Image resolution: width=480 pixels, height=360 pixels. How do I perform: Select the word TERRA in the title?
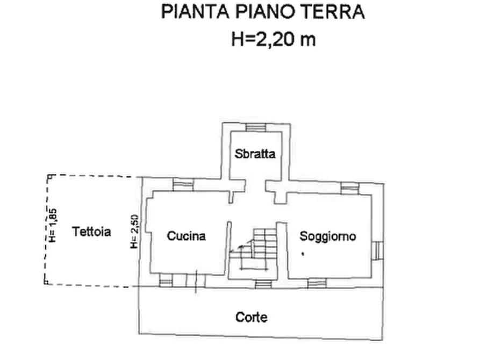tap(336, 12)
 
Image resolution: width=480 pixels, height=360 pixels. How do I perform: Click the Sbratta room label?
tap(255, 154)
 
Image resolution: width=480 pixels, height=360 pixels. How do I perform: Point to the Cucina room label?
tap(186, 235)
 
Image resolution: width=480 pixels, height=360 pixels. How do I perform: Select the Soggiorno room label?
tap(328, 236)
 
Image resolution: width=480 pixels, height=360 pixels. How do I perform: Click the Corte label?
tap(252, 317)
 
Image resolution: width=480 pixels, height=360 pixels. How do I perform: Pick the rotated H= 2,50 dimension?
tap(135, 232)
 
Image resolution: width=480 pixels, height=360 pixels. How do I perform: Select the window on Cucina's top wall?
tap(183, 185)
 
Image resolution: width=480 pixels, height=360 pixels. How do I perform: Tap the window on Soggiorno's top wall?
tap(349, 188)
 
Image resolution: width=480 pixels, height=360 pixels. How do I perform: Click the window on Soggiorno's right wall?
tap(378, 250)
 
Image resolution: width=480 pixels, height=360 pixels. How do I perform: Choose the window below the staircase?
tap(263, 283)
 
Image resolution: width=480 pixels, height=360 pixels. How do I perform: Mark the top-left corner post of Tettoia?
tap(49, 177)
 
